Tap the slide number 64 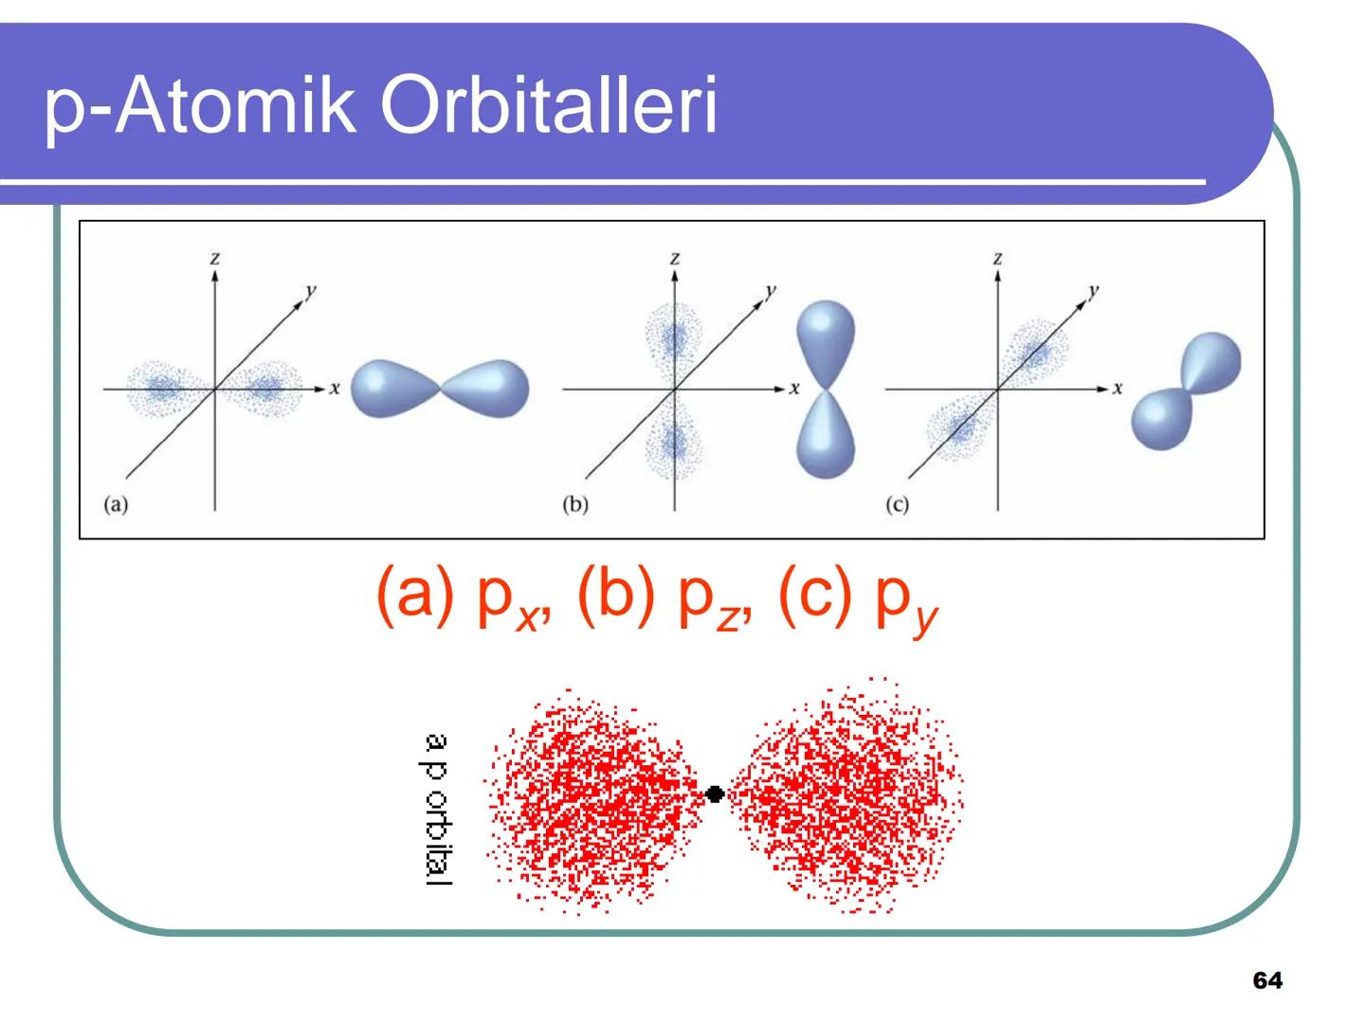[1267, 980]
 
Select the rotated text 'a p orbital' [437, 810]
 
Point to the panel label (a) [115, 504]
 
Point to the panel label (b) [575, 504]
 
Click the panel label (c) [897, 504]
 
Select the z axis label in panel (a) [216, 258]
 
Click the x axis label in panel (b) [794, 388]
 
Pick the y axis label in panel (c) [1096, 291]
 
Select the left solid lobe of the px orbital [391, 389]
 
